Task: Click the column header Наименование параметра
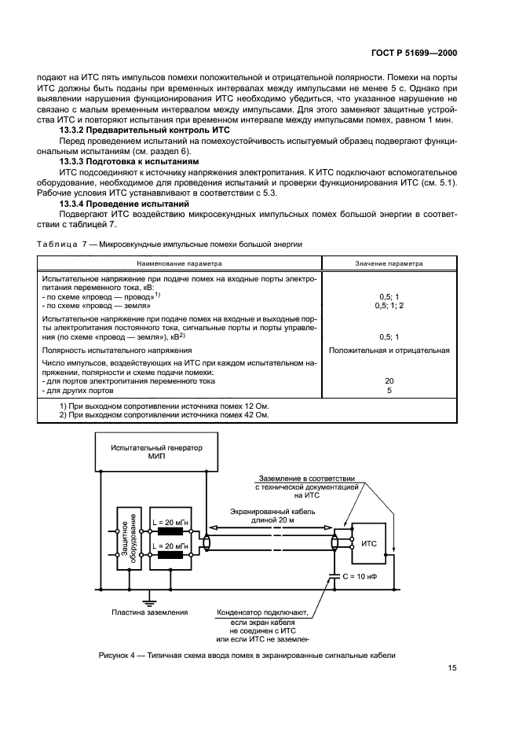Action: (180, 263)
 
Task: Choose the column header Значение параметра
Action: (390, 263)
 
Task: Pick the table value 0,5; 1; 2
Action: (390, 306)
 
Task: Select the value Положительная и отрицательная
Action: (390, 350)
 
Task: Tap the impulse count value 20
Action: (390, 380)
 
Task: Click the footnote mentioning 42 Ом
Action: (164, 414)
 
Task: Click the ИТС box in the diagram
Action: (369, 543)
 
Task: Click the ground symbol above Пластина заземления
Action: (147, 597)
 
